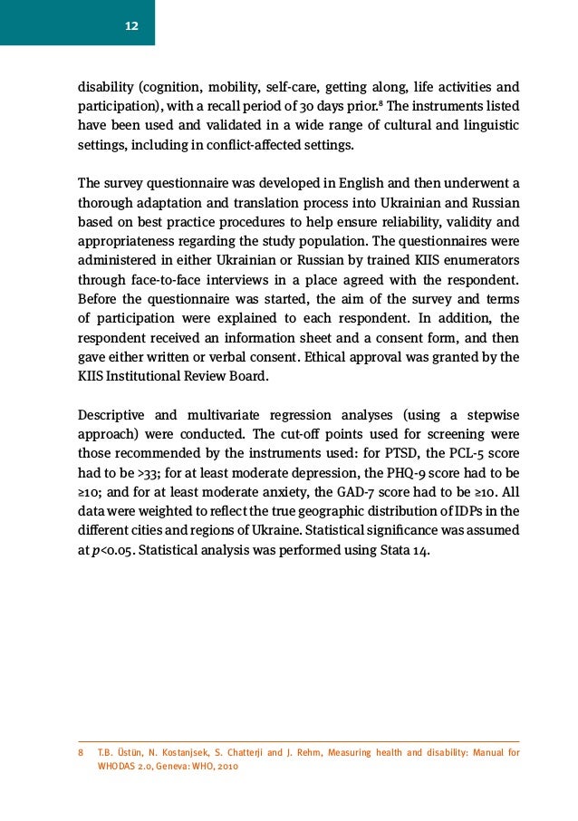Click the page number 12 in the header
click(131, 25)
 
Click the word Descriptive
click(111, 415)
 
